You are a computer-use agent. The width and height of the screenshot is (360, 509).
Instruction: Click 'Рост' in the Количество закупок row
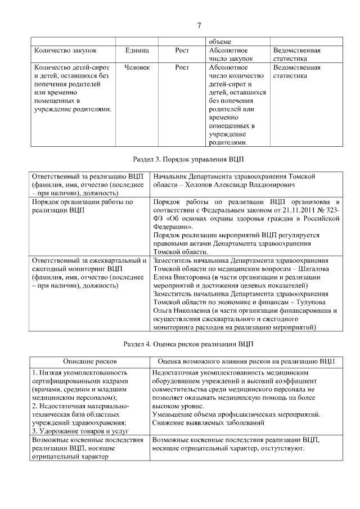click(182, 50)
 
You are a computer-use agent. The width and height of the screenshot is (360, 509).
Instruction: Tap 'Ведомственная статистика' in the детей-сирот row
click(296, 71)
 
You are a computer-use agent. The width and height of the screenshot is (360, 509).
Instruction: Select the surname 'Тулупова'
click(313, 301)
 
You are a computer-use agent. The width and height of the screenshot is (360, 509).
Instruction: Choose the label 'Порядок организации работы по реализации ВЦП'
click(82, 205)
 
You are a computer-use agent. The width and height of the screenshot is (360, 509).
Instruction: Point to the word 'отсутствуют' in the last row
click(283, 449)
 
